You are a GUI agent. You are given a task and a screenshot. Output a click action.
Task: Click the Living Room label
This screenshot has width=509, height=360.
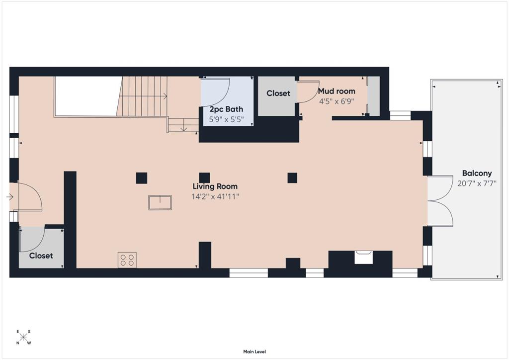[215, 186]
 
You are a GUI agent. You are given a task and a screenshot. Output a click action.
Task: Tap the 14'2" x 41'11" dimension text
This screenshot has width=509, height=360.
[215, 196]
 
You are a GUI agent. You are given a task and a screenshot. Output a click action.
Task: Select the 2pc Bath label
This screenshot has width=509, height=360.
[226, 109]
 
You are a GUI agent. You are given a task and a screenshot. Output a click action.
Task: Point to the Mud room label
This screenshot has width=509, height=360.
[337, 91]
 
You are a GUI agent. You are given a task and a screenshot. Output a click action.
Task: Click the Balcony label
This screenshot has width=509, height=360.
[477, 174]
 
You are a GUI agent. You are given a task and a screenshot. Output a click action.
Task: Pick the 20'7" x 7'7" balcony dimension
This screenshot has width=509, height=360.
[477, 184]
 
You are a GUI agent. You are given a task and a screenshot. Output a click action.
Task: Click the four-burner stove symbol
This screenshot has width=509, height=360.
[127, 260]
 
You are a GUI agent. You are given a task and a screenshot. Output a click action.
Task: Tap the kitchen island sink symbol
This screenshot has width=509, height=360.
[160, 202]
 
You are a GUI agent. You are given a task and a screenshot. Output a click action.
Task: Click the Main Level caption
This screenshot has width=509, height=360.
[254, 352]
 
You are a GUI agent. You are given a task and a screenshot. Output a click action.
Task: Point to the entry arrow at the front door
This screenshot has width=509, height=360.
[10, 197]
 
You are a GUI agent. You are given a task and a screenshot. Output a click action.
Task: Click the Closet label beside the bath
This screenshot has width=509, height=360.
[278, 93]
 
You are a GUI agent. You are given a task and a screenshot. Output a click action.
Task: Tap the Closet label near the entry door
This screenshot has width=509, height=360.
[41, 256]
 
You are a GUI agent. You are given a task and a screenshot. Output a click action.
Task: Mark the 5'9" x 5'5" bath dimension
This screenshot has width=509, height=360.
[226, 119]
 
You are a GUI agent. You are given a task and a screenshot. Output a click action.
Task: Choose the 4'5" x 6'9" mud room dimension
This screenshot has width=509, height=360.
[337, 101]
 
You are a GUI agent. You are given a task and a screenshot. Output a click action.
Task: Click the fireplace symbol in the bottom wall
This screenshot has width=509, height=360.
[363, 258]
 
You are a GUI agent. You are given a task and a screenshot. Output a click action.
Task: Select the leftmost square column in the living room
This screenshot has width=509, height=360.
[142, 178]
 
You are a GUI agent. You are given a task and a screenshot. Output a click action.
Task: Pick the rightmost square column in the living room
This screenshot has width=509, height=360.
[292, 178]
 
